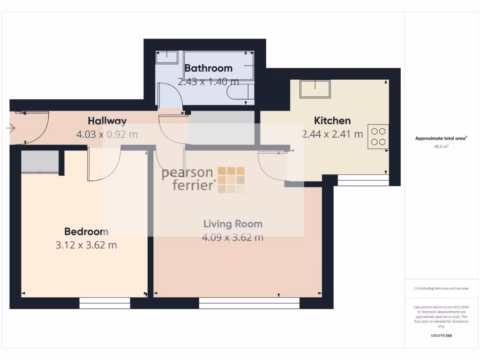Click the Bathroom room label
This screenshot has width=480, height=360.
pos(209,68)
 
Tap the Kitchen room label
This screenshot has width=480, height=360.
pos(332,120)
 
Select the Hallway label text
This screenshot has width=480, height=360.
pos(107,121)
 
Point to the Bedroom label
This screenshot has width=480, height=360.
pos(86,232)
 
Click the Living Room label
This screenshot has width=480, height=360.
pos(232,224)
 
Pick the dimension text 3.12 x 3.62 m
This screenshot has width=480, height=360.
pos(86,245)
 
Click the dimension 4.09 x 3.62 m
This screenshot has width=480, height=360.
pos(232,237)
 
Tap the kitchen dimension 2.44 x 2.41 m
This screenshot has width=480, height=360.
pos(332,134)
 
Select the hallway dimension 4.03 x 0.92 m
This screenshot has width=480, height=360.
pos(107,135)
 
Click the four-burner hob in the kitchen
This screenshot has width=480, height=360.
pos(378,136)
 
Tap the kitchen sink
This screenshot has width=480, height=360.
pos(315,89)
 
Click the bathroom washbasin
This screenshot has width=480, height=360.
pos(166,57)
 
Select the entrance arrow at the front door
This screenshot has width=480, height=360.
pos(10,127)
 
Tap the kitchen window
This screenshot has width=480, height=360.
pos(363,180)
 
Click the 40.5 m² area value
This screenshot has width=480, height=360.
pos(441,146)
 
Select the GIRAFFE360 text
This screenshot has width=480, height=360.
pos(441,336)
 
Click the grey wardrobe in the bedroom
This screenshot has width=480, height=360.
pos(40,161)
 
